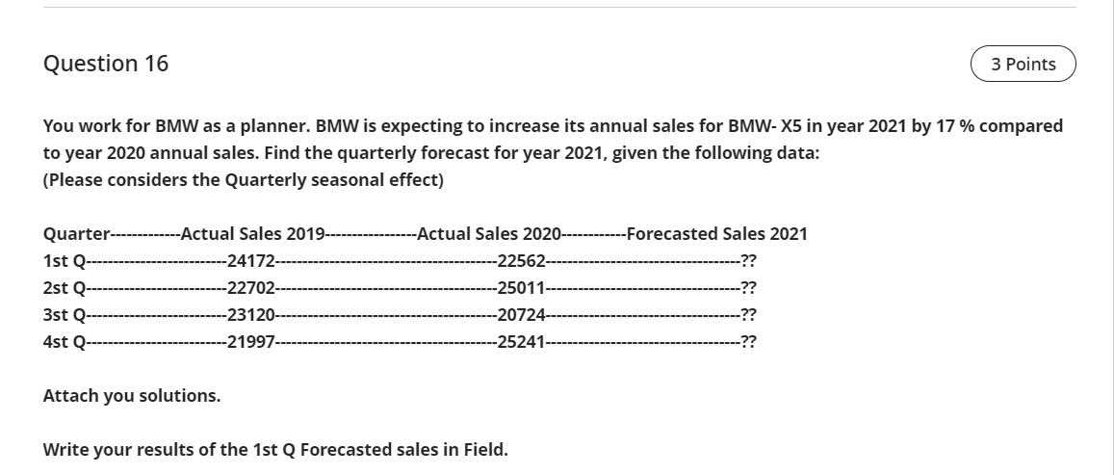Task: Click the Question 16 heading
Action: click(x=106, y=64)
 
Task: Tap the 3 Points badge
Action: click(x=1023, y=64)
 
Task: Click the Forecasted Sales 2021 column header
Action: click(x=716, y=233)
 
